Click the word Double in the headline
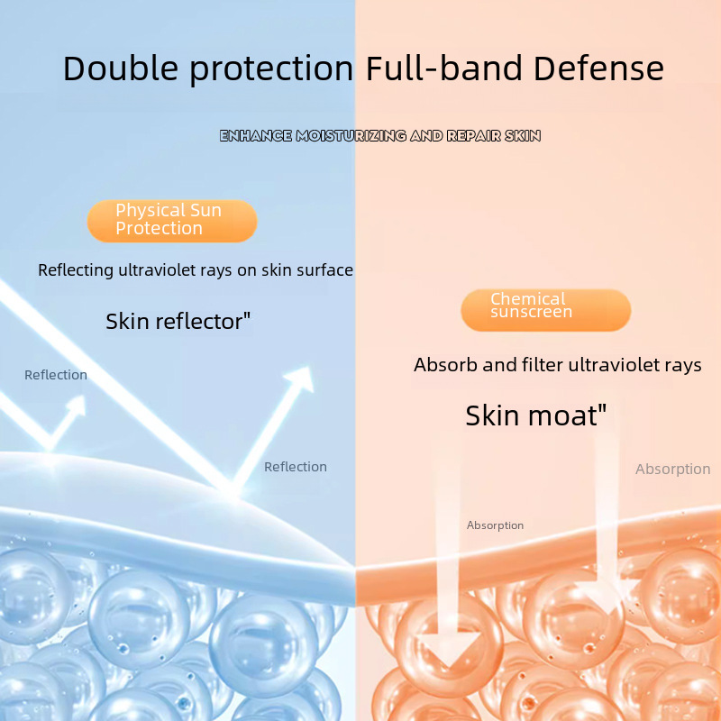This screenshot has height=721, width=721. tap(121, 68)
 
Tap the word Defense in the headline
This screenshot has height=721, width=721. tap(598, 68)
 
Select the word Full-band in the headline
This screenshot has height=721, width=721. tap(444, 68)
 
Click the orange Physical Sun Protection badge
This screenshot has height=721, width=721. tap(172, 221)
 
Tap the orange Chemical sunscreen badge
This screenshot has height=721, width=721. tap(546, 310)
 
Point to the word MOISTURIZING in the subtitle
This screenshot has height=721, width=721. tap(351, 136)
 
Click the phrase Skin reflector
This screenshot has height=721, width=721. tap(178, 321)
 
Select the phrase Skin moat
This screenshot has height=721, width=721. tap(535, 415)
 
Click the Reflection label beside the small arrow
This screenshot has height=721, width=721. tap(56, 375)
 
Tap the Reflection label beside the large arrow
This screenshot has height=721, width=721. tap(296, 467)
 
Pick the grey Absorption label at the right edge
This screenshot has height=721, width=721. tap(672, 469)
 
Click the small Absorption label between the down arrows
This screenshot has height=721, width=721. tap(495, 525)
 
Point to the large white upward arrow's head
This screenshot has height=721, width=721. tap(301, 379)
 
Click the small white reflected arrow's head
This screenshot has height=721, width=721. tap(78, 405)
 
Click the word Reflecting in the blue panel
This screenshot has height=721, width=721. tap(76, 270)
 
